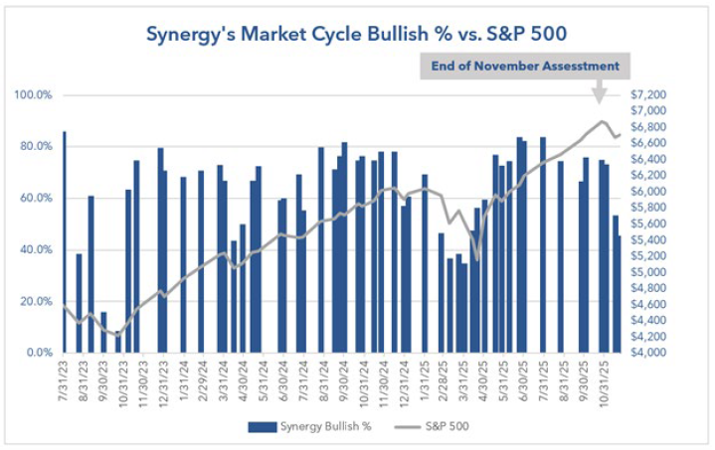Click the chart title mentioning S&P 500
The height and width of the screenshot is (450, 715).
(357, 33)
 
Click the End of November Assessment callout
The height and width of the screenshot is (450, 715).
(525, 67)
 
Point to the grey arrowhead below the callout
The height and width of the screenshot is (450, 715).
(600, 96)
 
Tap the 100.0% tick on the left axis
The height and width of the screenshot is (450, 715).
(34, 95)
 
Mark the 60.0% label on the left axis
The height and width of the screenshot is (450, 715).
(37, 198)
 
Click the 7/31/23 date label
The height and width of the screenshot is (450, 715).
(65, 379)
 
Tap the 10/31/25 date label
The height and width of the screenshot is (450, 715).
(605, 379)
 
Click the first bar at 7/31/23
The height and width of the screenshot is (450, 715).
(65, 241)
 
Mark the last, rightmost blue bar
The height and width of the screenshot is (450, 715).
(619, 294)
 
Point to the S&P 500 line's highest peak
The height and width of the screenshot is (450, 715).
(603, 121)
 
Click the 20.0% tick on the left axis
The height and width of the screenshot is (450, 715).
(37, 301)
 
